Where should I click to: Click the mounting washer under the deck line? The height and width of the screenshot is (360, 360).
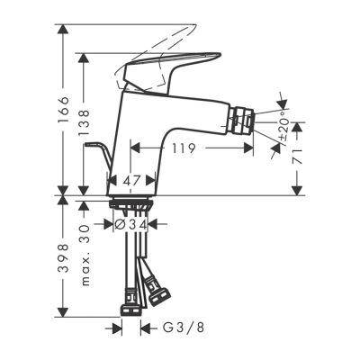(x=132, y=206)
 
